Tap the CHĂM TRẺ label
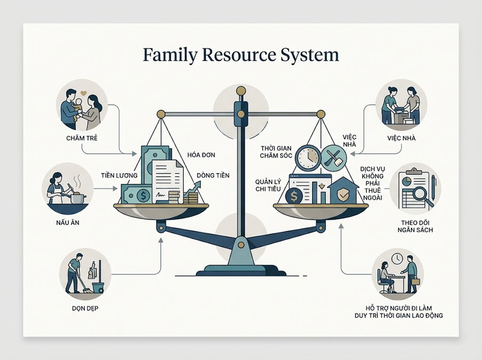82,138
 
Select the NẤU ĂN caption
67,222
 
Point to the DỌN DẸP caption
85,308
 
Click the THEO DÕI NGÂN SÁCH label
415,226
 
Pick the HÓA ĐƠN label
201,154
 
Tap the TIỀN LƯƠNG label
119,175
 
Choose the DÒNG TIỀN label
213,175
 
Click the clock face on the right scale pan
308,158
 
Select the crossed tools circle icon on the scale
334,158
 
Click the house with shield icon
343,191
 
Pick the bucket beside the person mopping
98,288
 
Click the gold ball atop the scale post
241,91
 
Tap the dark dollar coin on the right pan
294,196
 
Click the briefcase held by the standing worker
415,281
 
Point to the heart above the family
83,92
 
